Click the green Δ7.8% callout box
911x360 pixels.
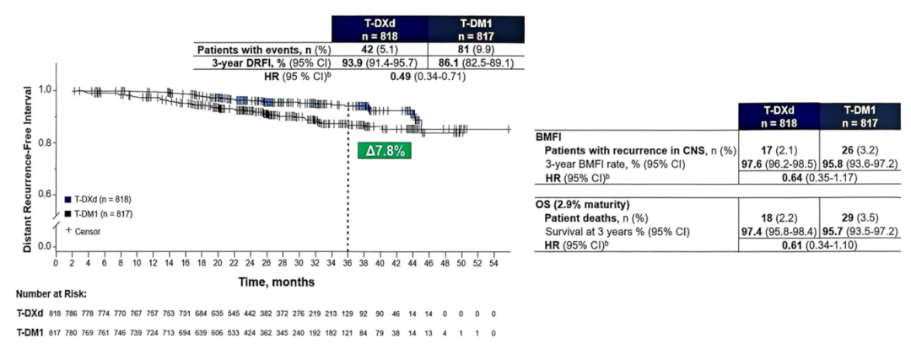click(386, 151)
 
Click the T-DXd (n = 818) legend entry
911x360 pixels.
click(98, 199)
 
